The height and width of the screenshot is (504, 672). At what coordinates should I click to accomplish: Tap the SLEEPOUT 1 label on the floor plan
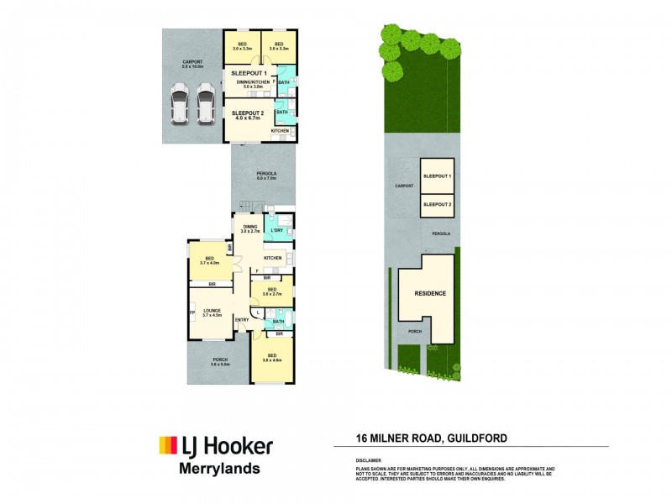pyautogui.click(x=249, y=74)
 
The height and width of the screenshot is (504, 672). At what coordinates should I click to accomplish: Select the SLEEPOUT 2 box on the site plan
pyautogui.click(x=437, y=204)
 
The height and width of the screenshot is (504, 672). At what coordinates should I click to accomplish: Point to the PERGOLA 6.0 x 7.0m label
pyautogui.click(x=265, y=176)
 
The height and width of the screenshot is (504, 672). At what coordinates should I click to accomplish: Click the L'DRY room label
pyautogui.click(x=276, y=230)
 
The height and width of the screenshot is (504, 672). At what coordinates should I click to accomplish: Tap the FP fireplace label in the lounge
pyautogui.click(x=192, y=313)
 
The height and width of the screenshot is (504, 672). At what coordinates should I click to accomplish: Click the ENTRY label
pyautogui.click(x=242, y=320)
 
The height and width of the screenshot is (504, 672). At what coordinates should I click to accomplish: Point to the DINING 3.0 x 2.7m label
pyautogui.click(x=250, y=228)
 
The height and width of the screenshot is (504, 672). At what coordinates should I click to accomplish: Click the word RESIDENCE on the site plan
pyautogui.click(x=429, y=294)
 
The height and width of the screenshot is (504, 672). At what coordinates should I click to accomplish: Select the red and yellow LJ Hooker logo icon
pyautogui.click(x=167, y=444)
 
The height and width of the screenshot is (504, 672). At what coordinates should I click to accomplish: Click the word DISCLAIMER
pyautogui.click(x=369, y=460)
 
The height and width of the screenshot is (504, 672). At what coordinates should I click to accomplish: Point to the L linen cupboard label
pyautogui.click(x=259, y=312)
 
